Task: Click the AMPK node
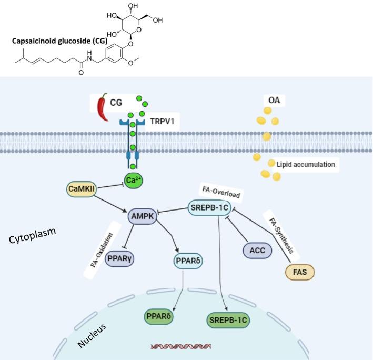pyautogui.click(x=143, y=216)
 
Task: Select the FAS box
pyautogui.click(x=300, y=272)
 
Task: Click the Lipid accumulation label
pyautogui.click(x=306, y=164)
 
